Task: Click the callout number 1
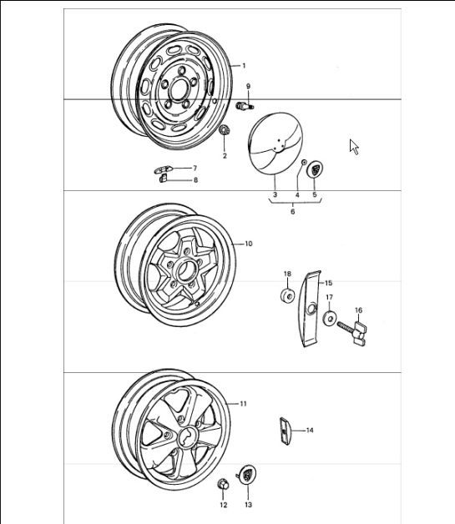(x=243, y=65)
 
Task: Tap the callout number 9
(x=248, y=87)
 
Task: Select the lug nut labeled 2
(x=225, y=131)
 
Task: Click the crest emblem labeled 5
(x=316, y=169)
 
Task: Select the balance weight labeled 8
(x=164, y=178)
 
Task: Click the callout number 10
(x=248, y=244)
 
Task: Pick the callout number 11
(x=243, y=404)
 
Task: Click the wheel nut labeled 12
(x=223, y=486)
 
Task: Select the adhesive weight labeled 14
(x=283, y=431)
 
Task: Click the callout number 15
(x=328, y=283)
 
